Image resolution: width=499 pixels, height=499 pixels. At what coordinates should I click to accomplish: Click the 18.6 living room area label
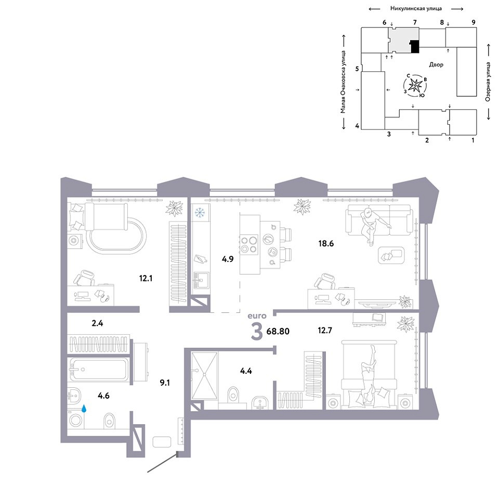pyautogui.click(x=326, y=244)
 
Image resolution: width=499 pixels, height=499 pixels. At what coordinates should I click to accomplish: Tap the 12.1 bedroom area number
pyautogui.click(x=146, y=279)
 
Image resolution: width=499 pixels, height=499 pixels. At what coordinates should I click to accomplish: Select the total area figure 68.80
pyautogui.click(x=278, y=331)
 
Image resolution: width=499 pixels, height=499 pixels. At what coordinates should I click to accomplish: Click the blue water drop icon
pyautogui.click(x=84, y=409)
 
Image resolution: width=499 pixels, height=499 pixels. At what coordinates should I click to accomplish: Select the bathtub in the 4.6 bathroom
pyautogui.click(x=99, y=369)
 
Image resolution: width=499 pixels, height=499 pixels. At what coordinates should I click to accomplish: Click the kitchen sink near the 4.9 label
pyautogui.click(x=201, y=280)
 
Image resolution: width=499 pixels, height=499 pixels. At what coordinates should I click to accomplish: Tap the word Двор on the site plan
pyautogui.click(x=436, y=64)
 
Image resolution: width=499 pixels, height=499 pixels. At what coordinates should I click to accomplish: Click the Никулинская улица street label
pyautogui.click(x=416, y=9)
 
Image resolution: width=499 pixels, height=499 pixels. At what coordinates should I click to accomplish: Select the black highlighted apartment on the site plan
pyautogui.click(x=415, y=46)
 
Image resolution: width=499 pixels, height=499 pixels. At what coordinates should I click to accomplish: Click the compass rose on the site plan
pyautogui.click(x=415, y=85)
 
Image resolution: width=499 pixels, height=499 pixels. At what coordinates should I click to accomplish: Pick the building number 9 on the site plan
pyautogui.click(x=474, y=22)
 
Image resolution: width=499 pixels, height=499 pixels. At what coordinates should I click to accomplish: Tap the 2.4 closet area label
pyautogui.click(x=97, y=323)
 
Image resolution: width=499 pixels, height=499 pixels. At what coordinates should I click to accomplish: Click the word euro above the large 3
pyautogui.click(x=257, y=316)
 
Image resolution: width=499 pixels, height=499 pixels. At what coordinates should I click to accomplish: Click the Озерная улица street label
pyautogui.click(x=488, y=82)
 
